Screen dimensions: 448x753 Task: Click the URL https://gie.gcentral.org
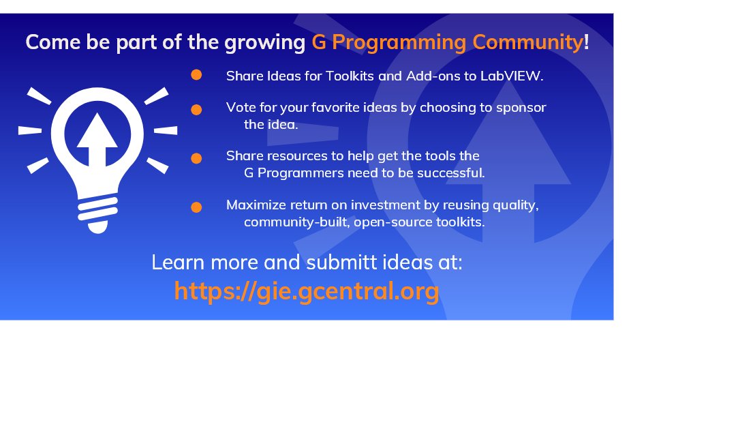pos(306,291)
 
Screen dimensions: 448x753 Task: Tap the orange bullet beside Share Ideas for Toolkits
pos(196,75)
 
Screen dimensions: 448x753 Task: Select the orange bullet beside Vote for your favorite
pos(196,109)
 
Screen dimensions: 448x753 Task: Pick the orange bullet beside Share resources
pos(196,158)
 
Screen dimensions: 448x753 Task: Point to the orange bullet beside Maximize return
pos(196,207)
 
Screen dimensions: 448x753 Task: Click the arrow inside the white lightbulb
pos(97,140)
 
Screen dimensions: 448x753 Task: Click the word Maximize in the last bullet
pos(253,205)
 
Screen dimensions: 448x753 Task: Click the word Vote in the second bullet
pos(239,107)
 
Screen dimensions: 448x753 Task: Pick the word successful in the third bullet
pos(453,173)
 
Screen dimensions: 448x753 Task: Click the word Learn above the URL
pos(176,263)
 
